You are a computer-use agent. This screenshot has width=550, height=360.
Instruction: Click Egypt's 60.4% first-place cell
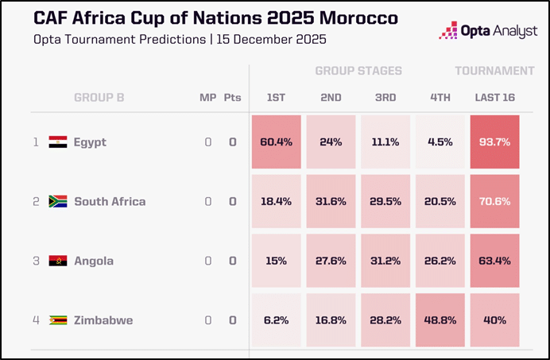pyautogui.click(x=276, y=142)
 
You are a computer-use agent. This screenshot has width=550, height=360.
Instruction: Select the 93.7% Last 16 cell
pyautogui.click(x=494, y=142)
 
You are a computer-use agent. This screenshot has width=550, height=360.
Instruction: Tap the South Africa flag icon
pyautogui.click(x=57, y=201)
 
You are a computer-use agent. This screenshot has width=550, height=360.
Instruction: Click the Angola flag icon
pyautogui.click(x=57, y=261)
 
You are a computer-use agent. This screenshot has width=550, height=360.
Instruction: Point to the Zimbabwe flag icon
pyautogui.click(x=57, y=320)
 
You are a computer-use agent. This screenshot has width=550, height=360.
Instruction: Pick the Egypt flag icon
pyautogui.click(x=57, y=142)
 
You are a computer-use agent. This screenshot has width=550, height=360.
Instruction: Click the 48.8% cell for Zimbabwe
pyautogui.click(x=440, y=320)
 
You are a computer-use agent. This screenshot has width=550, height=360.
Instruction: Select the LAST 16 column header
pyautogui.click(x=494, y=98)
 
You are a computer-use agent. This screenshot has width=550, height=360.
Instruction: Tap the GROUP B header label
pyautogui.click(x=99, y=98)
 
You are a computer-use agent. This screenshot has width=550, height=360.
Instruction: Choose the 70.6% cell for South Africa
pyautogui.click(x=494, y=201)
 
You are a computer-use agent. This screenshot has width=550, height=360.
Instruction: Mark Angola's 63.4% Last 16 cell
pyautogui.click(x=494, y=261)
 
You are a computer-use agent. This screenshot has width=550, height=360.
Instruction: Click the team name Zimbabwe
pyautogui.click(x=103, y=320)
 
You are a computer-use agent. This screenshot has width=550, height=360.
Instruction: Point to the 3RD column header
pyautogui.click(x=385, y=98)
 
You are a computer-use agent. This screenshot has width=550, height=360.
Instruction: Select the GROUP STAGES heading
pyautogui.click(x=358, y=71)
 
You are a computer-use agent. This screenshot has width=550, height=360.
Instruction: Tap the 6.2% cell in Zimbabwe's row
pyautogui.click(x=276, y=320)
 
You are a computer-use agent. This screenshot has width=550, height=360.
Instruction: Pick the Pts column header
pyautogui.click(x=232, y=98)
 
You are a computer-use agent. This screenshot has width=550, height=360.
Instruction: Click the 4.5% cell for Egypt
pyautogui.click(x=440, y=142)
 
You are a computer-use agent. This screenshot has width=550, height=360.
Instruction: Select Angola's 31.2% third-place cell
pyautogui.click(x=385, y=261)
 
